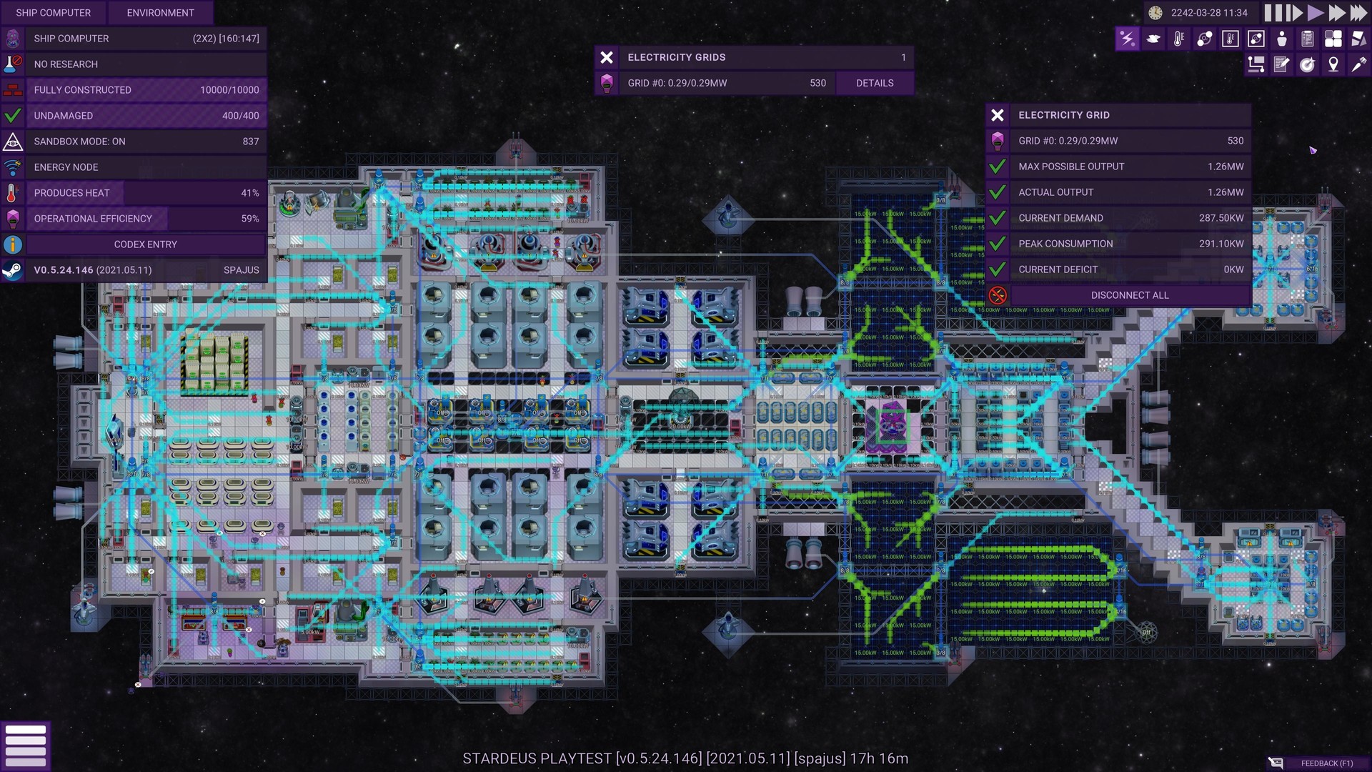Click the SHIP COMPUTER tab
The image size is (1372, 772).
tap(53, 13)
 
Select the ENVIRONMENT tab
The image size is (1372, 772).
tap(160, 13)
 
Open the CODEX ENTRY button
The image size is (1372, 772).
tap(146, 244)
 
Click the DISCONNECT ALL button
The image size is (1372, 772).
tap(1130, 295)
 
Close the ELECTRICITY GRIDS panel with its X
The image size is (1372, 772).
tap(607, 57)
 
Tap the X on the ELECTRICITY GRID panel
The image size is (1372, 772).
tap(998, 115)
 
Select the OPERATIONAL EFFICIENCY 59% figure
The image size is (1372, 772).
tap(249, 219)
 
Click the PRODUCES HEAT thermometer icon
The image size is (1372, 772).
tap(12, 193)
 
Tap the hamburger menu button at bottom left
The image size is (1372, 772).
tap(26, 746)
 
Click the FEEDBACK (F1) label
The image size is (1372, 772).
tap(1326, 763)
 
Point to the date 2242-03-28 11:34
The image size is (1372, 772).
tap(1209, 13)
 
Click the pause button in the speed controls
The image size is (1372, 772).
tap(1273, 13)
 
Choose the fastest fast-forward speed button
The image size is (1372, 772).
tap(1358, 13)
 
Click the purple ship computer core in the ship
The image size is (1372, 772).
tap(890, 426)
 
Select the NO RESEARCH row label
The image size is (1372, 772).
tap(66, 64)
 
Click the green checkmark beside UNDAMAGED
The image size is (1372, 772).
tap(12, 116)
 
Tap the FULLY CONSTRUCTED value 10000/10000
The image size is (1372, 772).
tap(229, 90)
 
